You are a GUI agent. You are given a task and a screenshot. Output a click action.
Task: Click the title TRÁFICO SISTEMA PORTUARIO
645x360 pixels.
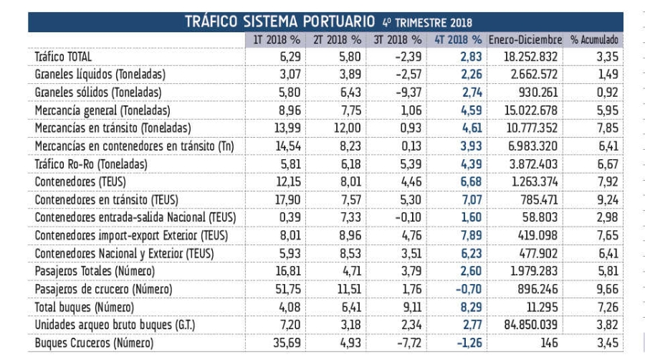coord(279,21)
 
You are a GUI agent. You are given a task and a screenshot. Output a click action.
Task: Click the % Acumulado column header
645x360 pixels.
coord(594,39)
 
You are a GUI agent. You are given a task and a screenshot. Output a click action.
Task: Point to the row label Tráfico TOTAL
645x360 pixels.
coord(63,56)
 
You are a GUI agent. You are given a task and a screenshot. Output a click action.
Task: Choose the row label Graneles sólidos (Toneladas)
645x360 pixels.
coord(98,92)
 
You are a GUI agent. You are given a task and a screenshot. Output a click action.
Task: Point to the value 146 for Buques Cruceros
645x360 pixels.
coord(548,343)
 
